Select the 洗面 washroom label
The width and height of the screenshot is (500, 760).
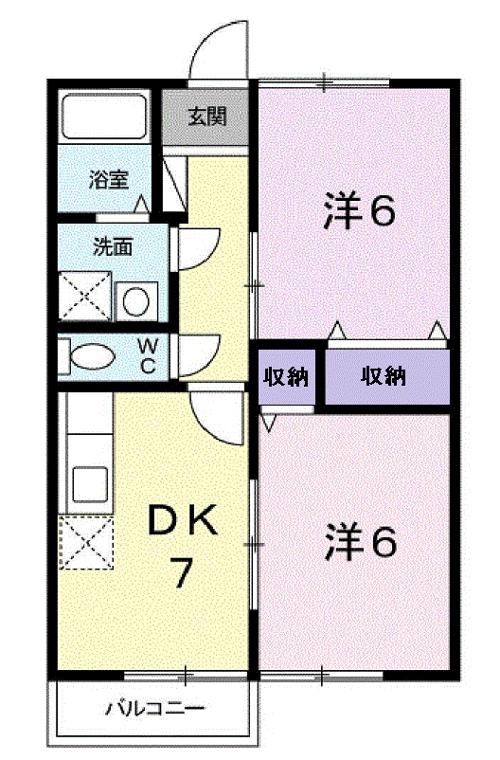(x=112, y=248)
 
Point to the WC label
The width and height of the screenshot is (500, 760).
(x=149, y=357)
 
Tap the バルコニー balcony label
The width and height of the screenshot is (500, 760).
(x=154, y=708)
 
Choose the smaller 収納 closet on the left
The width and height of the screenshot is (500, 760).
(x=286, y=377)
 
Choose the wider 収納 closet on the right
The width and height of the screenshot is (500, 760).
(x=384, y=377)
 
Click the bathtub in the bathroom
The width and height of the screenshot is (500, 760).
(x=104, y=116)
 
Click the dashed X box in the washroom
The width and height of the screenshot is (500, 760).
(x=86, y=297)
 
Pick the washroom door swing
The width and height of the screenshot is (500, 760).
(x=201, y=248)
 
